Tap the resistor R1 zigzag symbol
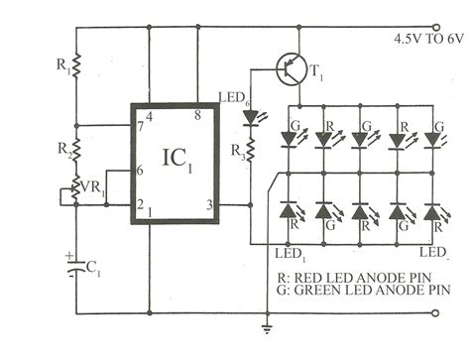76,68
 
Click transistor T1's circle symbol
291,71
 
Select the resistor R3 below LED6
250,152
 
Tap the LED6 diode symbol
250,117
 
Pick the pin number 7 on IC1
141,128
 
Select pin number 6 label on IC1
142,171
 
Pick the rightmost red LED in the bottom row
432,212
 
